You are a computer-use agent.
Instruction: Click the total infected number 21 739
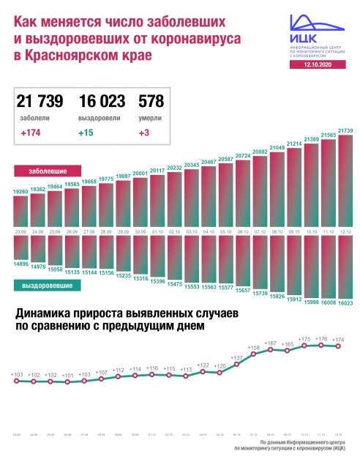click(x=40, y=102)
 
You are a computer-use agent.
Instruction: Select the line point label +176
click(x=322, y=339)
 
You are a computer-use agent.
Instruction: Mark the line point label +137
click(x=237, y=358)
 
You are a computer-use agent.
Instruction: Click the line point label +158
click(x=254, y=347)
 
